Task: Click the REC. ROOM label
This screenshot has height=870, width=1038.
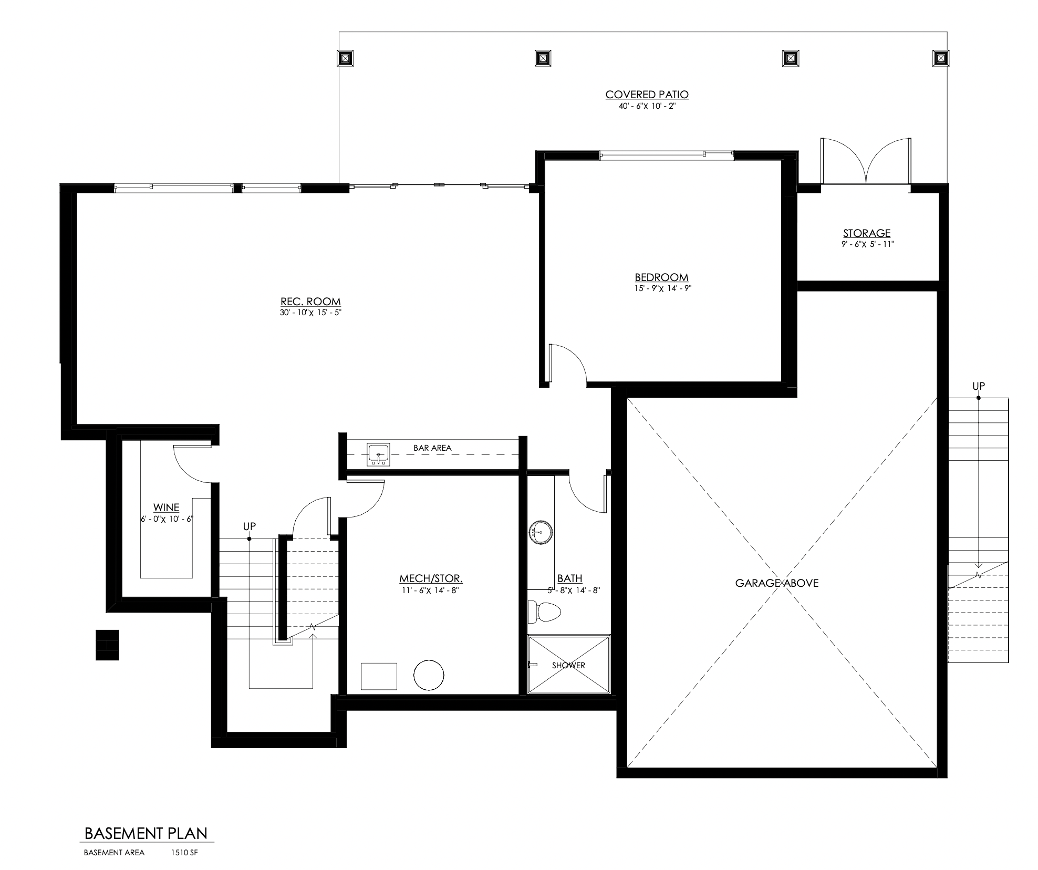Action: point(310,302)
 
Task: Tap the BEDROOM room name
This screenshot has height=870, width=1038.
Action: point(661,277)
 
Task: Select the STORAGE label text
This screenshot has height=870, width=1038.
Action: point(867,233)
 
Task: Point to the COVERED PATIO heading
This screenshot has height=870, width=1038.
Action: point(647,95)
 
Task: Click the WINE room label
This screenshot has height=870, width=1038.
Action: point(167,507)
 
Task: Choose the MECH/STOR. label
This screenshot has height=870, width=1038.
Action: point(431,578)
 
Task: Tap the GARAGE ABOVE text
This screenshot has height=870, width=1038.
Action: point(776,583)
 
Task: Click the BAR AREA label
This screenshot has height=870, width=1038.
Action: point(432,448)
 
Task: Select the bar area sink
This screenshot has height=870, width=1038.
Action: point(378,455)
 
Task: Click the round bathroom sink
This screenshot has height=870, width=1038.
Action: point(540,532)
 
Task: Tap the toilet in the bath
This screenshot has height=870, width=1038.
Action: point(544,612)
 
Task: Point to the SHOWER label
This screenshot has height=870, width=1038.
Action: point(568,665)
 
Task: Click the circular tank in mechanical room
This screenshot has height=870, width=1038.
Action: point(429,675)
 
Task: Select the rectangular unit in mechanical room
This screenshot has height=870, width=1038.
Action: point(379,676)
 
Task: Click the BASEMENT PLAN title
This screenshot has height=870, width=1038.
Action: point(146,833)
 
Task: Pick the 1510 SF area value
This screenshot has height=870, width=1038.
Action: point(184,853)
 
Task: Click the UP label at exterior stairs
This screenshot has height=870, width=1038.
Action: point(978,386)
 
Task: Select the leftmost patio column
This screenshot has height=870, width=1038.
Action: point(345,58)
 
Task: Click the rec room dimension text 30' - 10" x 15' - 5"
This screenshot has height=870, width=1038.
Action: point(311,313)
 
